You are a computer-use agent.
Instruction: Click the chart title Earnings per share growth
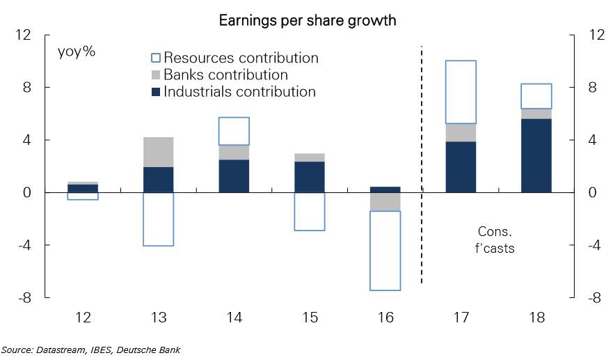(x=307, y=20)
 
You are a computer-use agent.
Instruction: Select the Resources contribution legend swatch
(x=156, y=58)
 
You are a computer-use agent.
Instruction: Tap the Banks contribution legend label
(x=225, y=75)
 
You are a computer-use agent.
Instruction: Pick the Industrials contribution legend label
(x=239, y=91)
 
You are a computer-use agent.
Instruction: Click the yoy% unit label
(x=77, y=52)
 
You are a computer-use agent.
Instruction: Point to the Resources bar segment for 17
(x=461, y=92)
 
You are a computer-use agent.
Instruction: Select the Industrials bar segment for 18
(x=536, y=155)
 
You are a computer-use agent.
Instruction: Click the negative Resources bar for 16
(x=385, y=250)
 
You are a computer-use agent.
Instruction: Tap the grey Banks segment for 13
(x=158, y=152)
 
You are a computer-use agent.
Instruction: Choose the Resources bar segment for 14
(x=234, y=131)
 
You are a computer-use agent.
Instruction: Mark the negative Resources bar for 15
(x=309, y=211)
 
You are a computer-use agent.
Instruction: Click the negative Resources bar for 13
(x=158, y=219)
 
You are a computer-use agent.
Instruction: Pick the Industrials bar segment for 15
(x=309, y=177)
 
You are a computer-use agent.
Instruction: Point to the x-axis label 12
(x=83, y=318)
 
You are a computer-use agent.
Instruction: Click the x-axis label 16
(x=385, y=318)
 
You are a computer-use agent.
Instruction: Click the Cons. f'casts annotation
(x=495, y=240)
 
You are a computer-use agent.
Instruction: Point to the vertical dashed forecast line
(x=422, y=167)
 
